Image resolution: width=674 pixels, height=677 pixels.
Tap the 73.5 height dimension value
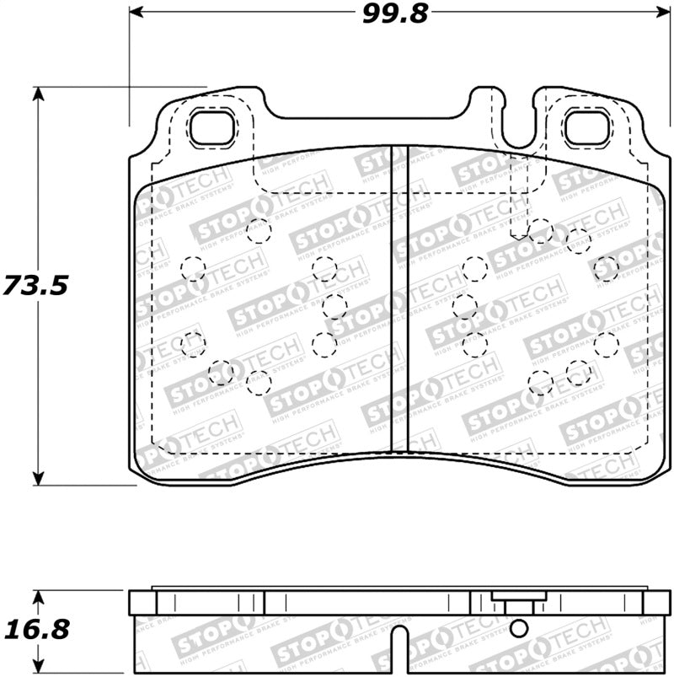[x=35, y=286]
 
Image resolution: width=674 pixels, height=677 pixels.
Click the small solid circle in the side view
[x=520, y=627]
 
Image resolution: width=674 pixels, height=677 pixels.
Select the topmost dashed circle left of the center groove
[x=259, y=230]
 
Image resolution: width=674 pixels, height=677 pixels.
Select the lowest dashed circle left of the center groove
[x=259, y=383]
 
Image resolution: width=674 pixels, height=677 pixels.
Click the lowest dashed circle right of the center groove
[x=540, y=384]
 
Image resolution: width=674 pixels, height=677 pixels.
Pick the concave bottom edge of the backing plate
[x=396, y=462]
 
